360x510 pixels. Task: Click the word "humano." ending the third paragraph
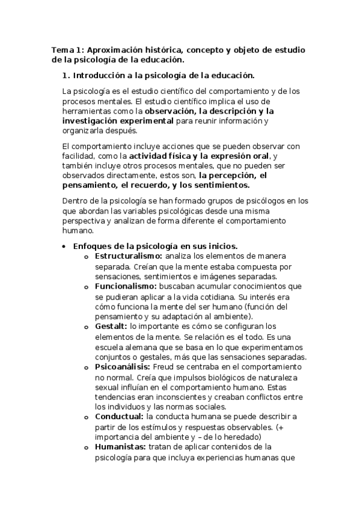pyautogui.click(x=78, y=230)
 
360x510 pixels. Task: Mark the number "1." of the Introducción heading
pyautogui.click(x=67, y=76)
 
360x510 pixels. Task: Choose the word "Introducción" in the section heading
pyautogui.click(x=99, y=76)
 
